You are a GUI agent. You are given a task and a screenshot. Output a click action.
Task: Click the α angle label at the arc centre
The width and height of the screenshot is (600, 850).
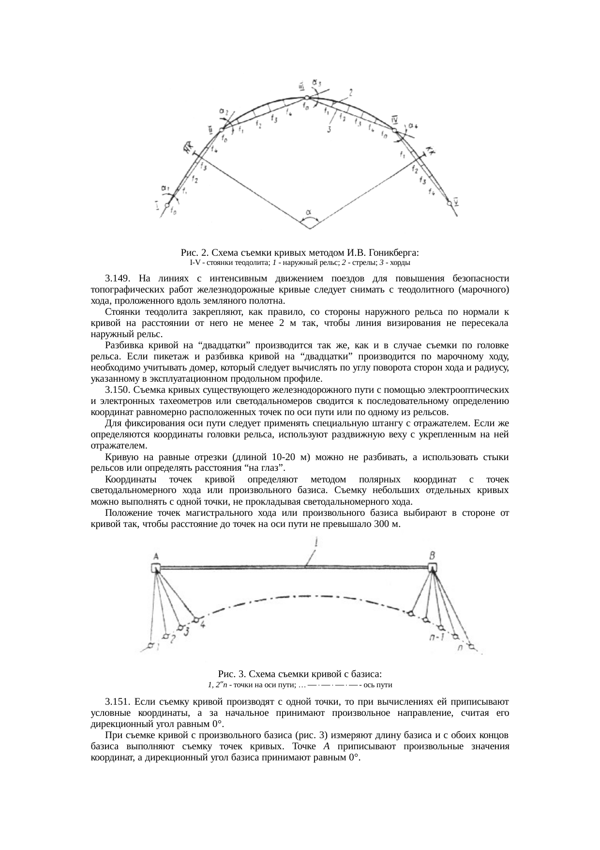[x=309, y=212]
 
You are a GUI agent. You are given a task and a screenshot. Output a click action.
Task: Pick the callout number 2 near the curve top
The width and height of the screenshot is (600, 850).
[x=350, y=91]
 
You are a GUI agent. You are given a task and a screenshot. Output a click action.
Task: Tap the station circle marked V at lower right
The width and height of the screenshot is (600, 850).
[x=450, y=202]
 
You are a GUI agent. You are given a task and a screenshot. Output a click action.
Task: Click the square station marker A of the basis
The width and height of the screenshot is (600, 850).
[x=155, y=568]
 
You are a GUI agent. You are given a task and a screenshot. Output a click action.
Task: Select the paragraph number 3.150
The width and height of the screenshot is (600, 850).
[x=117, y=389]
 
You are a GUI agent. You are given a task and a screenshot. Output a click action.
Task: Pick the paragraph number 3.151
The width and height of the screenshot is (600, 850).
[x=117, y=702]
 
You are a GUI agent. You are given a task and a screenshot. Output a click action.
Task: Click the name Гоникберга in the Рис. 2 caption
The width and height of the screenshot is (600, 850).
[x=393, y=252]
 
